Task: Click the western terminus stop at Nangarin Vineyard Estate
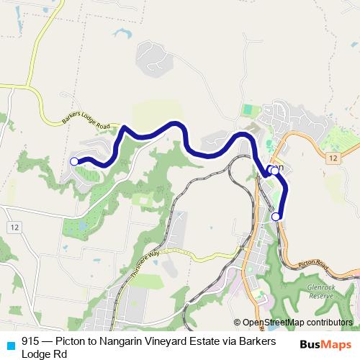[74, 161]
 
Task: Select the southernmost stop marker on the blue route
[276, 216]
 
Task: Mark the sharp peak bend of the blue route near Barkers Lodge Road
[125, 128]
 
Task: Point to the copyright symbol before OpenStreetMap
[238, 323]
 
